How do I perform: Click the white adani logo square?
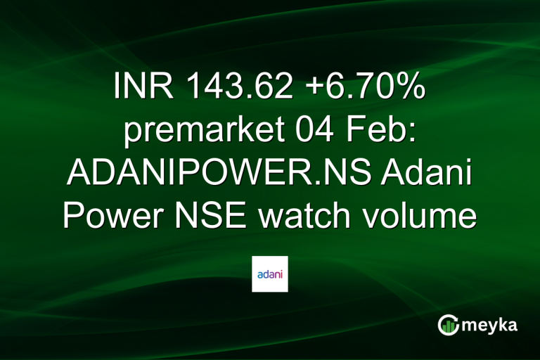point(269,274)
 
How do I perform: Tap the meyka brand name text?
point(491,325)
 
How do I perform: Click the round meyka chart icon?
point(448,325)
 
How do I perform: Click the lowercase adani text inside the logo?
point(269,274)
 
